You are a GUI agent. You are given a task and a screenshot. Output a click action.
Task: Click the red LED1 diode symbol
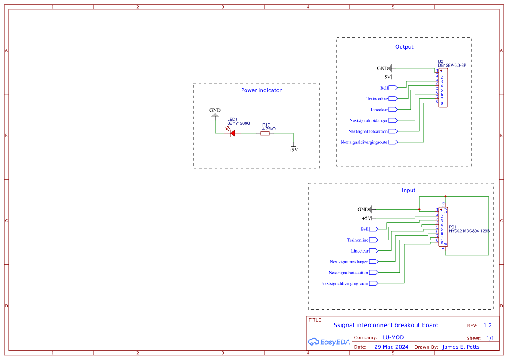[x=232, y=133]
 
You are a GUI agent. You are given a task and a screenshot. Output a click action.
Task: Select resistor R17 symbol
[x=265, y=133]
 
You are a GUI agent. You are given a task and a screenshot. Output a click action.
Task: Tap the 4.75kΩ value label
[x=269, y=129]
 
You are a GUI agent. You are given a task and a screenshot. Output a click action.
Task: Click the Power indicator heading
[x=261, y=90]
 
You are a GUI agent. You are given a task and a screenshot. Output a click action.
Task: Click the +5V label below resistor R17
[x=293, y=150]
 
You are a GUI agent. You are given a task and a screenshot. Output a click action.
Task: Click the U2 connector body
[x=443, y=88]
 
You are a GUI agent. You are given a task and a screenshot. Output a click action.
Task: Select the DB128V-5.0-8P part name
[x=452, y=65]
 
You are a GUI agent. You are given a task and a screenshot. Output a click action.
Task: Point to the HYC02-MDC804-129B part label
[x=469, y=231]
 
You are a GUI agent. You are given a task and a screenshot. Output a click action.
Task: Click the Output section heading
[x=404, y=47]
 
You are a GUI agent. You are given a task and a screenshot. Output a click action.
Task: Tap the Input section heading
[x=408, y=190]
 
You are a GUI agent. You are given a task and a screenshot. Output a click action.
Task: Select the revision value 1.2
[x=488, y=326]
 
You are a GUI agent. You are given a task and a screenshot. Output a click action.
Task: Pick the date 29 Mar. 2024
[x=392, y=347]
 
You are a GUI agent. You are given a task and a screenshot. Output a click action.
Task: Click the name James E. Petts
[x=461, y=347]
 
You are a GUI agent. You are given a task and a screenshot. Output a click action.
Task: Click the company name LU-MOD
[x=393, y=337]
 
